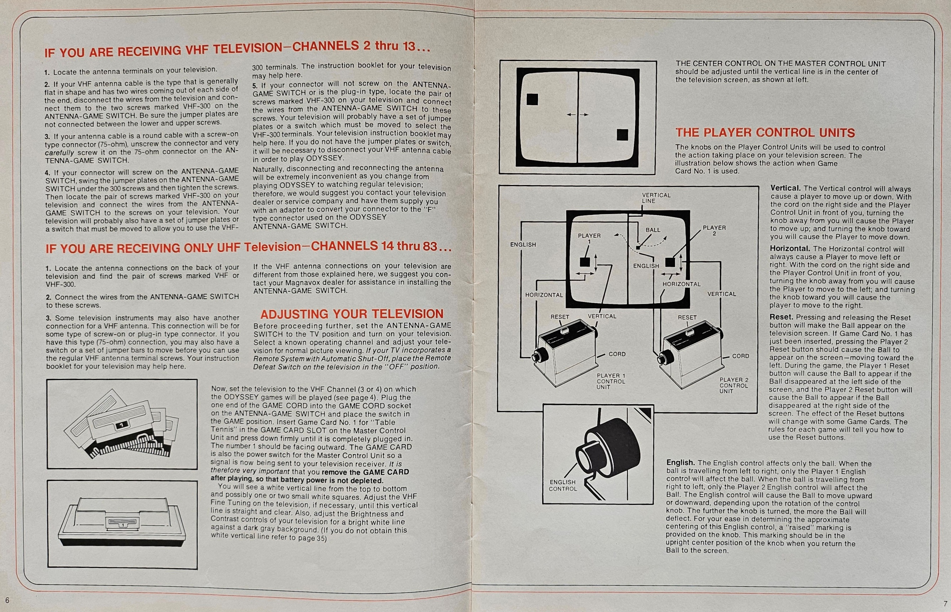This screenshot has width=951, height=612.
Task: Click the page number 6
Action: click(7, 600)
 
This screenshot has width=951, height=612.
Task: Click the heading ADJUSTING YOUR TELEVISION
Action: click(352, 314)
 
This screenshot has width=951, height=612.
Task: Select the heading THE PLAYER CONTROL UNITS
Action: click(765, 132)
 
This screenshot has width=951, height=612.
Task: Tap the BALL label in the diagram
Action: click(653, 230)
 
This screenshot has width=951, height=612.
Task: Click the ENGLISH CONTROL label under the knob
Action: click(562, 485)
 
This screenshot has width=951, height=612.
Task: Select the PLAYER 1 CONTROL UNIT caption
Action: click(611, 381)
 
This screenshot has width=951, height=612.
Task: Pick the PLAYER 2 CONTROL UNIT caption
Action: click(734, 385)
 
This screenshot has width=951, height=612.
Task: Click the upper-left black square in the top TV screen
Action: click(532, 99)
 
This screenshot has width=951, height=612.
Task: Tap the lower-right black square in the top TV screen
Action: click(622, 135)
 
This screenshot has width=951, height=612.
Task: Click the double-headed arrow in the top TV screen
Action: click(577, 115)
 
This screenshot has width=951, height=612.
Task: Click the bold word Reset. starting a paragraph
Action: click(781, 317)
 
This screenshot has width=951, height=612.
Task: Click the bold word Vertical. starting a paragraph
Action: click(785, 188)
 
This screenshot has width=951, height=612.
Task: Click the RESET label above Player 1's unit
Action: click(560, 317)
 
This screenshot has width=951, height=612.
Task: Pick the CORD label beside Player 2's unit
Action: click(740, 356)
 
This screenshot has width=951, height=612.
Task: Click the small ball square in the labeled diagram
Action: click(638, 248)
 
